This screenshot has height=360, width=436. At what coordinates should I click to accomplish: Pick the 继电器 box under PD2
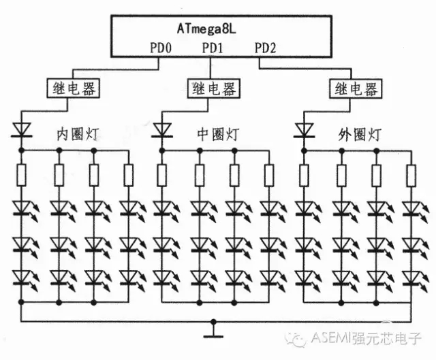pyautogui.click(x=354, y=88)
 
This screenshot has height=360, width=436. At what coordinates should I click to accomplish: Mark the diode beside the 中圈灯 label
pyautogui.click(x=162, y=129)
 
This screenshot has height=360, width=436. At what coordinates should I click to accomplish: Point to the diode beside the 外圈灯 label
pyautogui.click(x=302, y=129)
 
